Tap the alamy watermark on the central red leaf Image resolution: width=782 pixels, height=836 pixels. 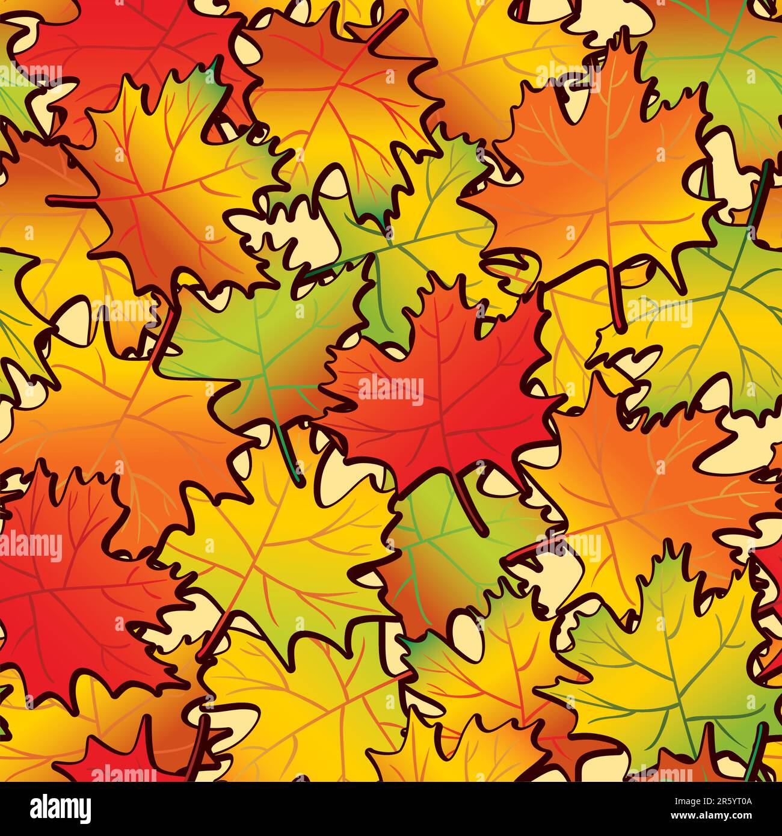[x=391, y=390]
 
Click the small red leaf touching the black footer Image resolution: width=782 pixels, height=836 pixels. [x=120, y=758]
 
